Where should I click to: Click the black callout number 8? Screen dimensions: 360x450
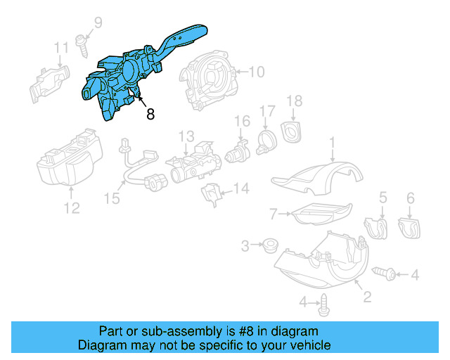point(150,114)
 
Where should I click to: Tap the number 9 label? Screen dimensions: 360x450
point(98,22)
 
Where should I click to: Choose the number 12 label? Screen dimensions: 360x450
point(72,207)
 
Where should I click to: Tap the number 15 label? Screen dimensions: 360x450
point(112,199)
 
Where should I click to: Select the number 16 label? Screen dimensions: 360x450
point(242,122)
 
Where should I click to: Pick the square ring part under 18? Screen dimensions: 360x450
point(290,130)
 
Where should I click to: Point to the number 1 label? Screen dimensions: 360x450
point(333,143)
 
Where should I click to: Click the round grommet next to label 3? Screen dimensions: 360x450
point(268,246)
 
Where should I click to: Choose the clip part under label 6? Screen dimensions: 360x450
point(409,226)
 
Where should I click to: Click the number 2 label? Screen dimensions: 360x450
point(366,298)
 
